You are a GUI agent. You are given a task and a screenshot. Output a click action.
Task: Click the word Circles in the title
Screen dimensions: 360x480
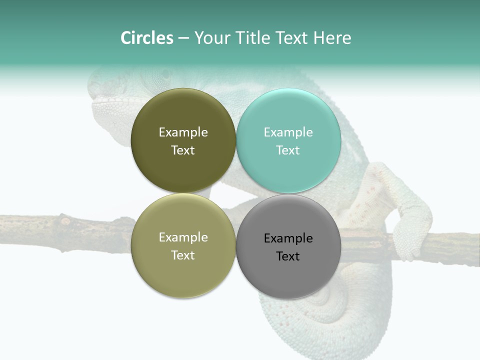pos(147,38)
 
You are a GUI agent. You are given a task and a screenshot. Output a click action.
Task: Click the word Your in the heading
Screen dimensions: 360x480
pos(211,38)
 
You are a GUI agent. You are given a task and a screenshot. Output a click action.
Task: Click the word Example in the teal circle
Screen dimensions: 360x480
pos(288,132)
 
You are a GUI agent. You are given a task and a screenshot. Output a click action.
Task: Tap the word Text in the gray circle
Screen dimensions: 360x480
pos(288,256)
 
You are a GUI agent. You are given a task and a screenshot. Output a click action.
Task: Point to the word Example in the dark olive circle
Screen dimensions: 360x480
pos(183,132)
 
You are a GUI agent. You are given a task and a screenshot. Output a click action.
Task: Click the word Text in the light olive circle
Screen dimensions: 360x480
pos(183,255)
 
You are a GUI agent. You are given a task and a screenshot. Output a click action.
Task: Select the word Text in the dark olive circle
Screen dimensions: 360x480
pos(183,150)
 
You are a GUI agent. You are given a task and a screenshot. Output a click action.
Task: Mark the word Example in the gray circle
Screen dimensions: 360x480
pos(288,238)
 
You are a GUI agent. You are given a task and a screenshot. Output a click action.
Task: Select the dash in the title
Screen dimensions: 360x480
pos(183,38)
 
